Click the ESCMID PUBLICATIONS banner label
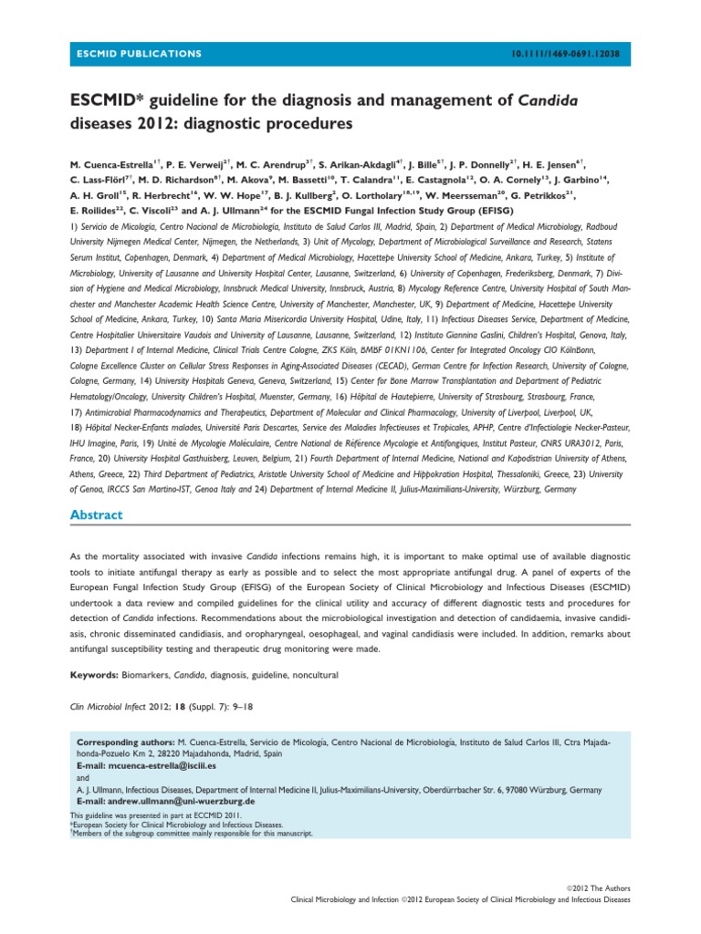click(x=137, y=54)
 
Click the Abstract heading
click(x=96, y=515)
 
